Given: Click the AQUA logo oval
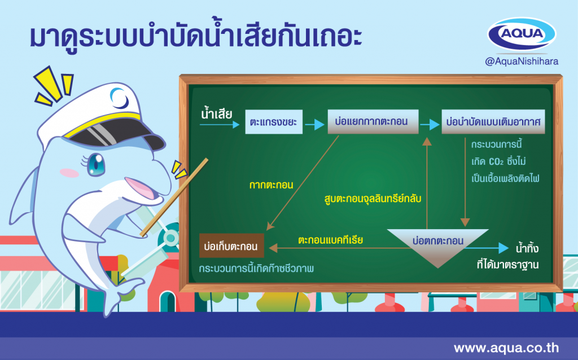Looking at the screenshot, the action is pyautogui.click(x=522, y=34).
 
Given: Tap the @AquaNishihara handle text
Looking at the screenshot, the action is pyautogui.click(x=522, y=61).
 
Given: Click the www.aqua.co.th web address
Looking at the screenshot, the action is pyautogui.click(x=506, y=348).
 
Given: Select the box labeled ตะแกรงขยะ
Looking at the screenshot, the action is pyautogui.click(x=274, y=121).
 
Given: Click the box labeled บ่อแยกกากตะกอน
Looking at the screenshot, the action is pyautogui.click(x=373, y=121).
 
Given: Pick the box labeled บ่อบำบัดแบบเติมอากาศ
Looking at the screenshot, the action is pyautogui.click(x=493, y=121).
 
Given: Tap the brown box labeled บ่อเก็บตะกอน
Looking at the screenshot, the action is pyautogui.click(x=231, y=245).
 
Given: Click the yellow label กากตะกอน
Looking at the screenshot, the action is pyautogui.click(x=272, y=185).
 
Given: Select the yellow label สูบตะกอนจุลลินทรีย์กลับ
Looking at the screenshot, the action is pyautogui.click(x=373, y=198).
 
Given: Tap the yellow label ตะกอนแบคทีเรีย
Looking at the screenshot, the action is pyautogui.click(x=330, y=240).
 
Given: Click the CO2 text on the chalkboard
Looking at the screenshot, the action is pyautogui.click(x=496, y=162).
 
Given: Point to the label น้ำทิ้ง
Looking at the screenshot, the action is pyautogui.click(x=527, y=248).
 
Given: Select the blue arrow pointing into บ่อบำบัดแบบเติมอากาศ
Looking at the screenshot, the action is pyautogui.click(x=430, y=125).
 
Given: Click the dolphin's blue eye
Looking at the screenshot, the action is pyautogui.click(x=96, y=164).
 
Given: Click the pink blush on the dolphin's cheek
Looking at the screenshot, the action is pyautogui.click(x=69, y=173).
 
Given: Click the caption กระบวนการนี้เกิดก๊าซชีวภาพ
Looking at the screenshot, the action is pyautogui.click(x=256, y=268).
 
